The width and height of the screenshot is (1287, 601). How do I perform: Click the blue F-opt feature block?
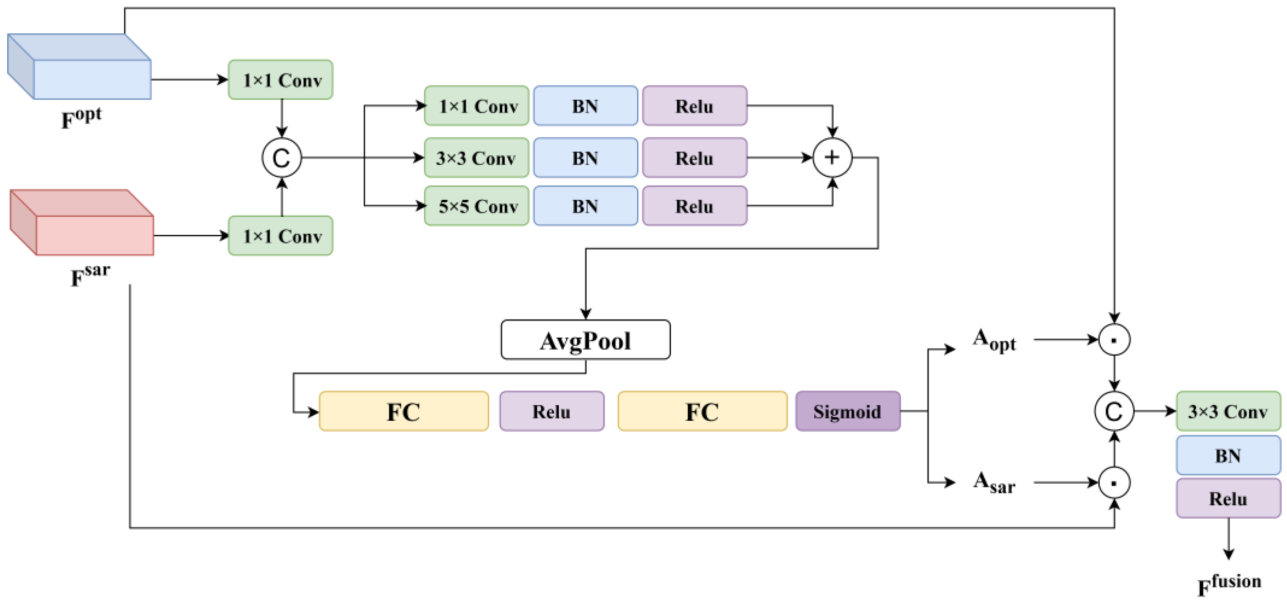coord(80,67)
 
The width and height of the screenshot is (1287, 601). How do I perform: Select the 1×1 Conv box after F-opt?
coord(281,80)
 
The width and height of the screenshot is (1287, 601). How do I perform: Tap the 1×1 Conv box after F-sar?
coord(281,236)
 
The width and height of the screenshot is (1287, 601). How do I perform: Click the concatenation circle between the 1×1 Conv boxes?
coord(282,158)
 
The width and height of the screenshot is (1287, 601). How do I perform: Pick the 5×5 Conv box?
coord(477,206)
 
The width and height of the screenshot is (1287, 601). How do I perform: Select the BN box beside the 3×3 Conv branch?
coord(586,158)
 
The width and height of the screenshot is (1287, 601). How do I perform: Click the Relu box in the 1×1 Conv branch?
coord(694,106)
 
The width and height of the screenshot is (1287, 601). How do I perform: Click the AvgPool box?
coord(586,340)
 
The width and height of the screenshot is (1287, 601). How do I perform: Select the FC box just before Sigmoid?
coord(702,412)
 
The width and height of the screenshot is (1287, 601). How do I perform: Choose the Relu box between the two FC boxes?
coord(552,412)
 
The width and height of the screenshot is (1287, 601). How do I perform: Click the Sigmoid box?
coord(848,412)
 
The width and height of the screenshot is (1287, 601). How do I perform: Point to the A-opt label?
coord(994,340)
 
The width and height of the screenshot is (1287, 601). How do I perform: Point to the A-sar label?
coord(994,483)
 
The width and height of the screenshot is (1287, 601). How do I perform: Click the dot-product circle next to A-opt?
coord(1114,340)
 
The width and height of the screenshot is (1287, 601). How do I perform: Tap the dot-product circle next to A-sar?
coord(1114,483)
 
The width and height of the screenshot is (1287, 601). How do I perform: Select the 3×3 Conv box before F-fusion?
coord(1228,412)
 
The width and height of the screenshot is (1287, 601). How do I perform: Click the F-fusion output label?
coord(1229,584)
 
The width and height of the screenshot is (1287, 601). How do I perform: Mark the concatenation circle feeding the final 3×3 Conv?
coord(1114,412)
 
